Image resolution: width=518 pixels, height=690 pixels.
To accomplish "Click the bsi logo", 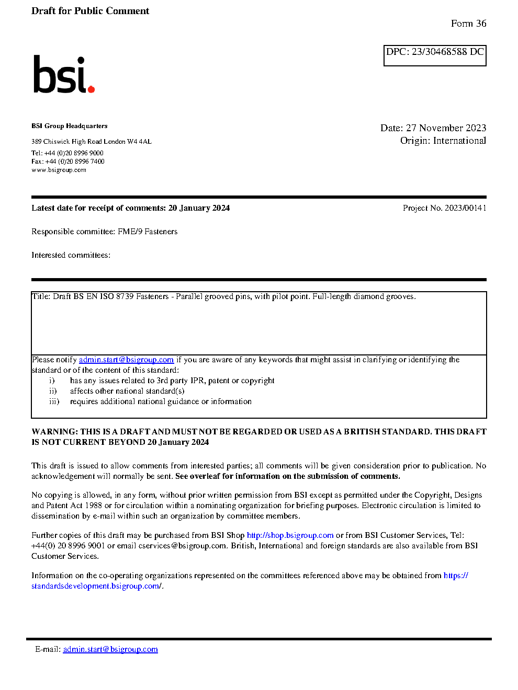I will [63, 75].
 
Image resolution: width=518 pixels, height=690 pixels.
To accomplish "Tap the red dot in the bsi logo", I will [91, 89].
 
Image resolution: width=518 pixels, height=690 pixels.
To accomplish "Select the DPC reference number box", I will [435, 55].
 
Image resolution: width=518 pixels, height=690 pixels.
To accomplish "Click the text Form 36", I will [468, 24].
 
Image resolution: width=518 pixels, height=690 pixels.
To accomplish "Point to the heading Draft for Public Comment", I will [90, 11].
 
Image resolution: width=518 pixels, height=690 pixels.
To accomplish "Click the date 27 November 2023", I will [446, 128].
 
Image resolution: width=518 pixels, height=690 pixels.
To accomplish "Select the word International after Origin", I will [459, 141].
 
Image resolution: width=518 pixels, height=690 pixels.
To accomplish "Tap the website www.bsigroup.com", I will [59, 170].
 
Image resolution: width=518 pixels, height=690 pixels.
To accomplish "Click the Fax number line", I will [68, 162].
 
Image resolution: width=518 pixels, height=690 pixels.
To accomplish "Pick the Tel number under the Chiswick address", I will [67, 153].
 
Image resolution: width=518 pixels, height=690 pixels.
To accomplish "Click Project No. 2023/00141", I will [444, 208].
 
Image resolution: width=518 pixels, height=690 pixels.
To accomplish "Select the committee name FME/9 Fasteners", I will [148, 232].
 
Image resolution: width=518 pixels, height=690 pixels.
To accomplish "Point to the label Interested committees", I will [71, 255].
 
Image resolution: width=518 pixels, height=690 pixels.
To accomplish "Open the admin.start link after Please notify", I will [126, 360].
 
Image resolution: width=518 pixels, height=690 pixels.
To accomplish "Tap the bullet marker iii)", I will [54, 401].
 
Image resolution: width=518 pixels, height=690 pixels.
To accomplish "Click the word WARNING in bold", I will [54, 432].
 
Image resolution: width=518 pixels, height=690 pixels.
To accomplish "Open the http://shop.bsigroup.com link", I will [290, 535].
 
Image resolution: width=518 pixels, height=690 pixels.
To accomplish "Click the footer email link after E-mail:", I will [110, 649].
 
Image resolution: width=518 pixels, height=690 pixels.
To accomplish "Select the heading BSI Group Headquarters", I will [70, 126].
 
